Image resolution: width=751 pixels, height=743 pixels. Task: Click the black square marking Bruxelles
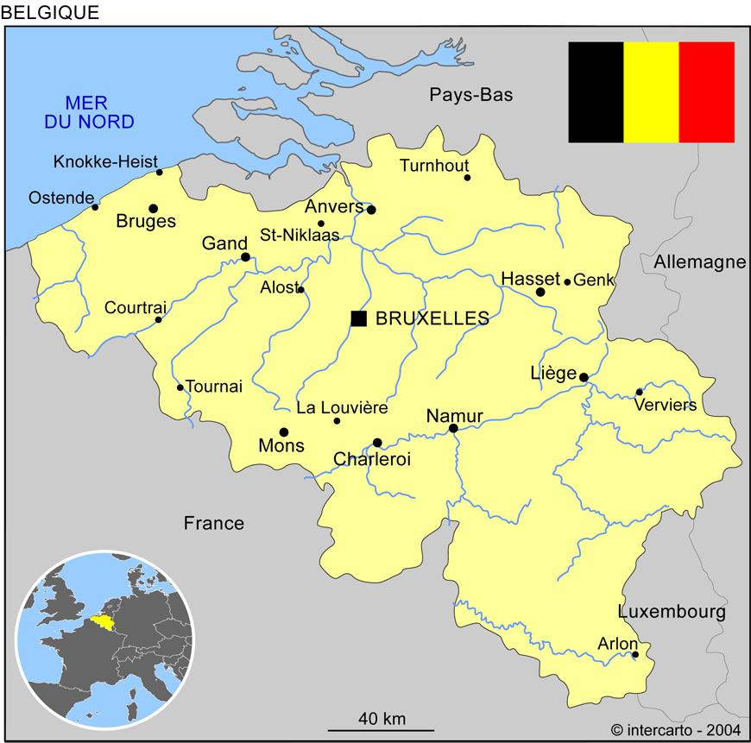point(359,318)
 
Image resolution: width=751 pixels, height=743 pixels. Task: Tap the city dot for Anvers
point(371,210)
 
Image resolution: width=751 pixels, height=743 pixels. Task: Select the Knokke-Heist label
point(105,161)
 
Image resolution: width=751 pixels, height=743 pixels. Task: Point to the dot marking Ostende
point(95,207)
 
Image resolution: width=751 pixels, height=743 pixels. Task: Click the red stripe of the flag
point(706,91)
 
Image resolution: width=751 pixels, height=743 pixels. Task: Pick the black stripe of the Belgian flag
point(596,91)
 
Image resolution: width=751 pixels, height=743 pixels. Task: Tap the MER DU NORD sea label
point(90,110)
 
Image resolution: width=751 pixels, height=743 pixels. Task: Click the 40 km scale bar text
point(382,718)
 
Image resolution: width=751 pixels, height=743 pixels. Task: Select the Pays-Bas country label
point(471,95)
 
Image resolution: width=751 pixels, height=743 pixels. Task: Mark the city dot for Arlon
point(635,655)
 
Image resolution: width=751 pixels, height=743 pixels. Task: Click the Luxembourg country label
point(672,612)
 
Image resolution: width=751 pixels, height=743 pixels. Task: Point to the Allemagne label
point(699,262)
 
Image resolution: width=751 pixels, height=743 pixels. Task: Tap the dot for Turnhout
point(468,178)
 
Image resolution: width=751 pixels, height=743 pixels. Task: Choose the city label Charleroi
point(372,460)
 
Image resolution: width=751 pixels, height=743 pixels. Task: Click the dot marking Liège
point(584,377)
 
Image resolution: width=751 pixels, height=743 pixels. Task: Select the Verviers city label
point(665,406)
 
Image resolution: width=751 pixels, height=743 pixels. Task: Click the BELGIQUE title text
point(51,12)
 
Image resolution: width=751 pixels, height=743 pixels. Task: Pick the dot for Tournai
point(180,387)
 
